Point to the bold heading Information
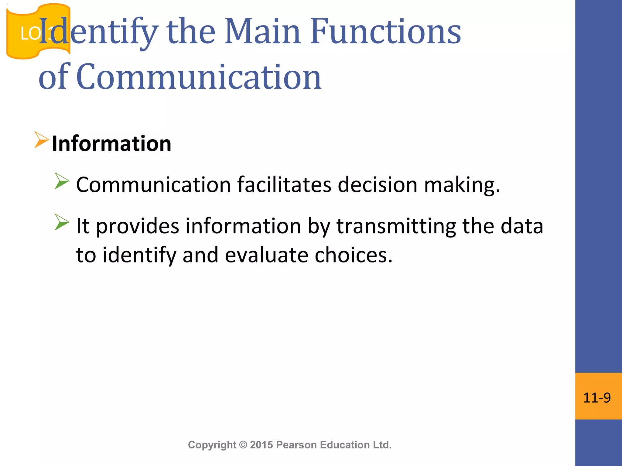111,143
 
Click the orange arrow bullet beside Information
41,140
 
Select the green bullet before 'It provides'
62,222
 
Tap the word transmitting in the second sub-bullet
396,226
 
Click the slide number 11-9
597,398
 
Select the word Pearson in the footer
297,445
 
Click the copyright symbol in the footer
243,445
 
